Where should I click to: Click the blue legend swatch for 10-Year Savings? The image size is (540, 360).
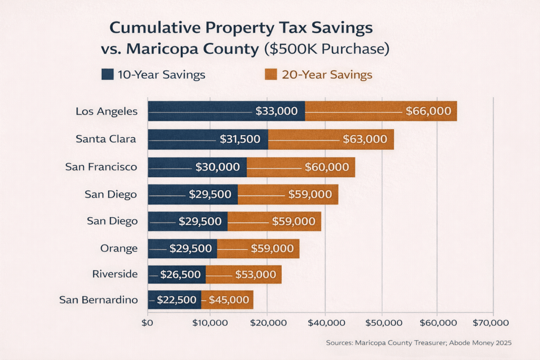108,74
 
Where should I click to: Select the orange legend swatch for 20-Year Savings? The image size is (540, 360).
271,74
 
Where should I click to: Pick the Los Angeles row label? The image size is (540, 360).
107,111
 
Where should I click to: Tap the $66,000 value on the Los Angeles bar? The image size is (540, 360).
428,111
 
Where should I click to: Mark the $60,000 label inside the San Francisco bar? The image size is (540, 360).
326,167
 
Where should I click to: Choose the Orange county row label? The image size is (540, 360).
119,248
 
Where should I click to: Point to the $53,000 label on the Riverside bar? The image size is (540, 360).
255,274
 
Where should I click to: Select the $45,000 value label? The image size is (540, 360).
229,300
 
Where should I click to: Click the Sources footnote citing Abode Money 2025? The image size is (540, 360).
419,343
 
